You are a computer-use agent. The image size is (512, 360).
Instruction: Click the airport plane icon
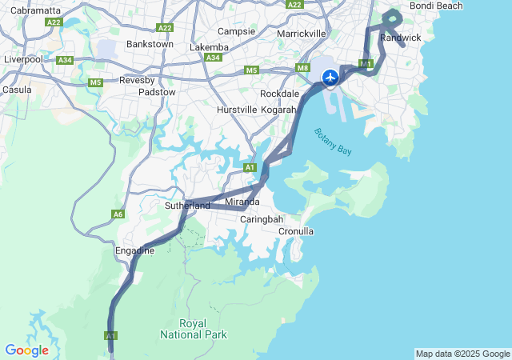tap(330, 78)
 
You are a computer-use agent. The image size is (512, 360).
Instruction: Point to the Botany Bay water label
tap(333, 142)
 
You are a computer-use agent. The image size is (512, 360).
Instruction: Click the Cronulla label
tap(295, 232)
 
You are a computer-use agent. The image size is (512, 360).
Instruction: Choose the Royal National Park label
tap(193, 329)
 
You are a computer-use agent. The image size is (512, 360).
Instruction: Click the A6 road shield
tap(118, 214)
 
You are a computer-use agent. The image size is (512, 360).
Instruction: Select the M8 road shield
tap(302, 69)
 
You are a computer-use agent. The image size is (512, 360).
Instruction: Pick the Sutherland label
tap(187, 206)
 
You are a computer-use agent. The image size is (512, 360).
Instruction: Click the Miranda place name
tap(242, 202)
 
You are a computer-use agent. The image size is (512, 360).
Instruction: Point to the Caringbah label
tap(262, 218)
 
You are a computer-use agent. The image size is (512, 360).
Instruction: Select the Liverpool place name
tap(22, 59)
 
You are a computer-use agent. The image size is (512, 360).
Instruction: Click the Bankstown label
tap(150, 44)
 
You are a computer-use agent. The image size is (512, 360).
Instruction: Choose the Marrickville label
tap(301, 34)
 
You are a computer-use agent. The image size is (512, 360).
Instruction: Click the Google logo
tap(26, 350)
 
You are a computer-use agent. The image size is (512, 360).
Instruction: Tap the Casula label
tap(18, 90)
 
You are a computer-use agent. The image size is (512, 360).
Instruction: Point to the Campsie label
tap(237, 31)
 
